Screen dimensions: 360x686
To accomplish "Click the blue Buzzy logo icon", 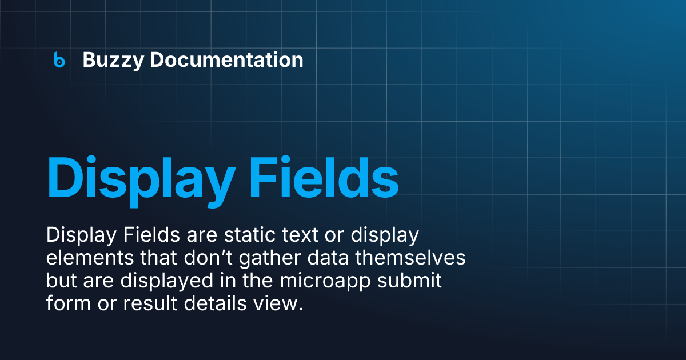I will coord(59,59).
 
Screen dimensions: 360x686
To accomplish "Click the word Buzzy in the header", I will coord(113,60).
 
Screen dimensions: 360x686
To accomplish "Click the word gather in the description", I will coord(274,258).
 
